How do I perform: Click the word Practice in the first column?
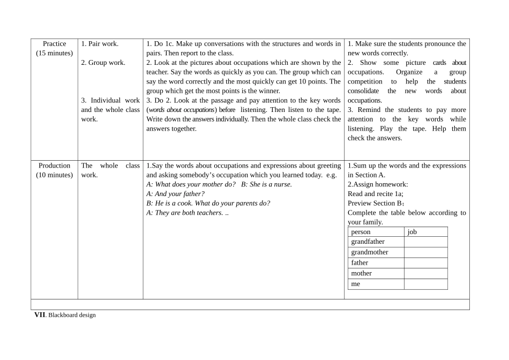coord(55,44)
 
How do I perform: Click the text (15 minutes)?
coord(55,53)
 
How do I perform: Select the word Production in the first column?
coord(55,166)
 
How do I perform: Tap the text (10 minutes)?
coord(55,175)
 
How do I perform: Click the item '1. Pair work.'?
coord(100,44)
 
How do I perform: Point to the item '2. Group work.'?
coord(103,63)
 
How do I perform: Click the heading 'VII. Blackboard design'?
coord(65,315)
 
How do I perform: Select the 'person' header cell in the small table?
coord(361,232)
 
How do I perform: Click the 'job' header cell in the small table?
coord(412,232)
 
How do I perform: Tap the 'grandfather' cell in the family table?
coord(368,242)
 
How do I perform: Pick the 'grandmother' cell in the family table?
coord(370,252)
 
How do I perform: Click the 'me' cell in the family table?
coord(356,284)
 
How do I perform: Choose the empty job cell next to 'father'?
coord(425,263)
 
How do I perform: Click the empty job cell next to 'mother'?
coord(425,273)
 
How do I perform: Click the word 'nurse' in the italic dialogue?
coord(281,184)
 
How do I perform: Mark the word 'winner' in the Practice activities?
coord(268,91)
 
